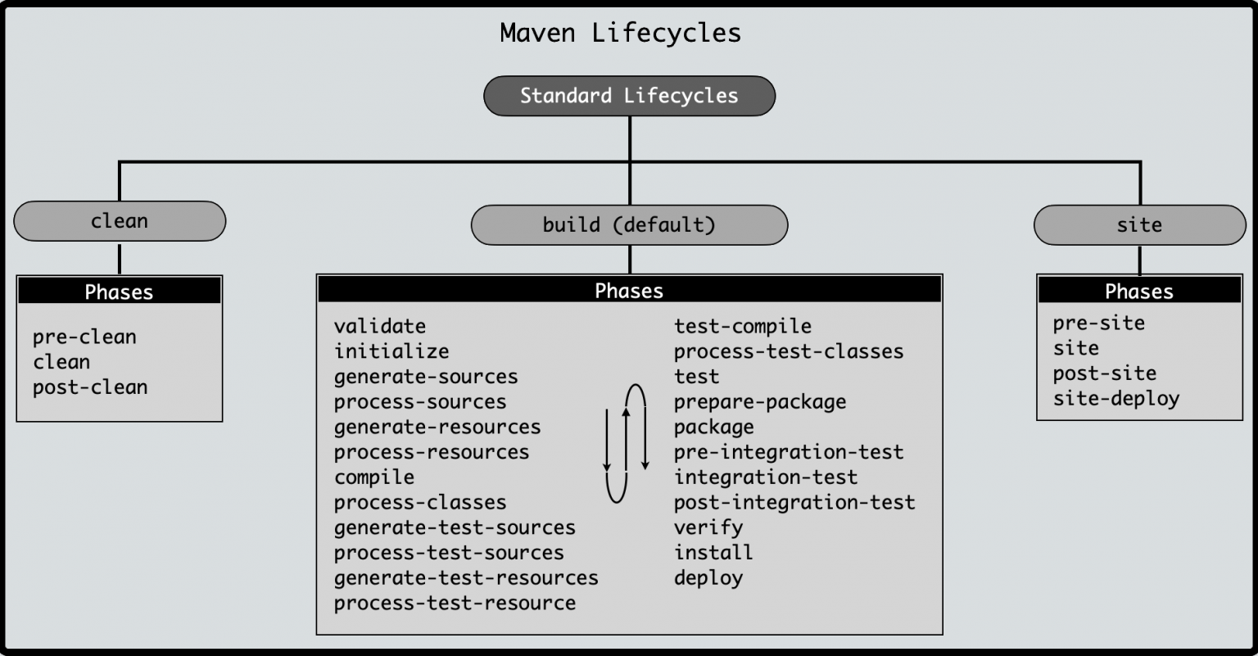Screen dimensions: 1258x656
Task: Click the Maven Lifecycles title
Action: click(x=621, y=33)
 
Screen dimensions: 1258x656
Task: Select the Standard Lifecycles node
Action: click(x=630, y=96)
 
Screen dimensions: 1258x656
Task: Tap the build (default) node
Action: click(x=630, y=224)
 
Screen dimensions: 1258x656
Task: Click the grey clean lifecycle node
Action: click(x=120, y=221)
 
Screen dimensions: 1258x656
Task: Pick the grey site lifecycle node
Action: click(x=1140, y=224)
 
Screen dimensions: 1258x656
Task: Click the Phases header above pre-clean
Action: click(x=119, y=292)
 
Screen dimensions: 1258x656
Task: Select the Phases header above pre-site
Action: click(x=1139, y=291)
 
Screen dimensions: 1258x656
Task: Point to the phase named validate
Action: click(x=380, y=326)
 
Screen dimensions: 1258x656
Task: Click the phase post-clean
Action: click(x=90, y=388)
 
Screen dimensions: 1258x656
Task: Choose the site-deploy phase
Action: click(x=1116, y=399)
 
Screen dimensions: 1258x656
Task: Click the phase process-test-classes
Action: click(x=789, y=351)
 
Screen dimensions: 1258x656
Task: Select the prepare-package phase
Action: click(x=760, y=402)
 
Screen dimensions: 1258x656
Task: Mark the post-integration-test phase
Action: click(x=794, y=503)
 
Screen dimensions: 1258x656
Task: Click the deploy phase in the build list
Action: click(x=708, y=578)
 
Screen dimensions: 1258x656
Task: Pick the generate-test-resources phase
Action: click(x=466, y=578)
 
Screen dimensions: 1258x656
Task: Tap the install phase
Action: click(x=713, y=553)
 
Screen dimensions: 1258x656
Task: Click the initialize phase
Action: click(x=391, y=351)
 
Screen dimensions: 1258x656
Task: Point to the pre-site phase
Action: click(x=1099, y=323)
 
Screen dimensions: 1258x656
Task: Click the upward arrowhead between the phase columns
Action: click(x=627, y=412)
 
